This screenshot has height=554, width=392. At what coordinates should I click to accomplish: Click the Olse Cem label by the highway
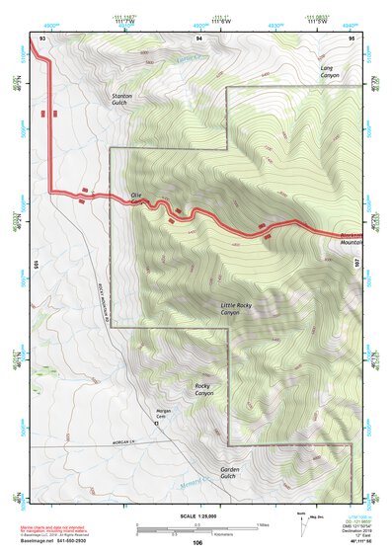coord(137,197)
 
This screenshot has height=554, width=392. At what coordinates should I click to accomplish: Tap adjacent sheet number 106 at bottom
coord(197,543)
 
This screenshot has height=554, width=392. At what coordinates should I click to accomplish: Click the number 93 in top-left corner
coord(41,38)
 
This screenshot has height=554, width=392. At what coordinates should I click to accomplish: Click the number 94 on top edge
coord(198,38)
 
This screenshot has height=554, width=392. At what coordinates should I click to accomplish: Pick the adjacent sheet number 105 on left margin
coord(35,264)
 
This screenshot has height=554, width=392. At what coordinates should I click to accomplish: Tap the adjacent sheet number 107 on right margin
coord(357,264)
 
